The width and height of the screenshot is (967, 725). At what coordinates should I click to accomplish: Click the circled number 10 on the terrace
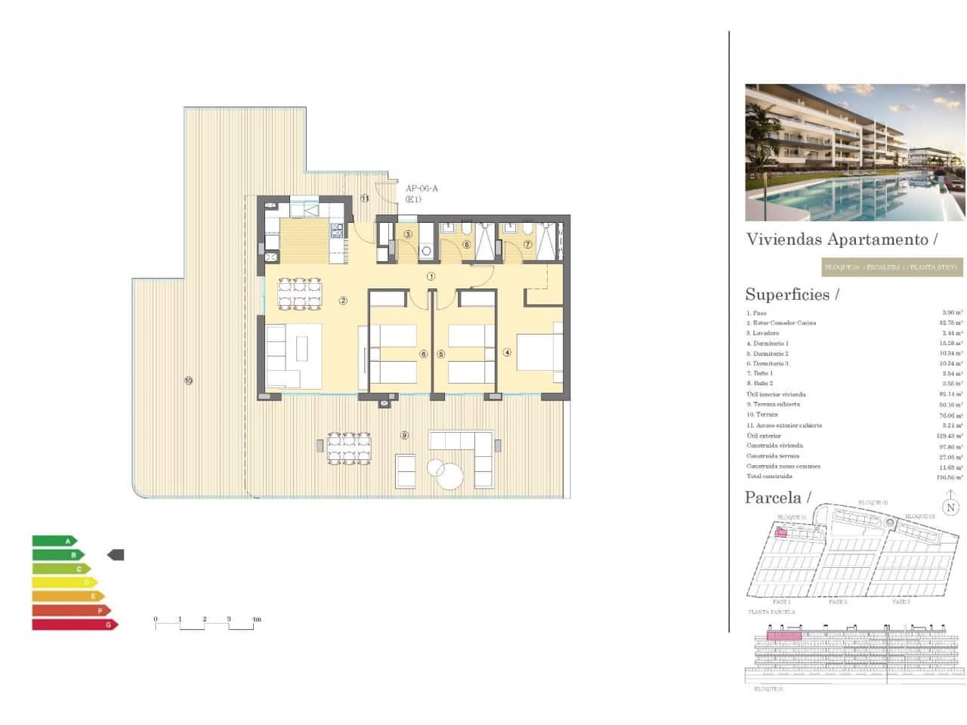(188, 381)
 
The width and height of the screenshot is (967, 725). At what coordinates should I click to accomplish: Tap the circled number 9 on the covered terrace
(405, 435)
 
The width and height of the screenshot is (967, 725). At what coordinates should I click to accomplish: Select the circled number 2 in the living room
(343, 301)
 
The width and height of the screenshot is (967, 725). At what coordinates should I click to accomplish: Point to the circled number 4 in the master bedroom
(508, 353)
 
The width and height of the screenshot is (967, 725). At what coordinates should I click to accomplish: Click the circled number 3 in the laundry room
(407, 234)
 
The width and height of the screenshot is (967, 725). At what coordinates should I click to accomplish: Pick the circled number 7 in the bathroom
(528, 245)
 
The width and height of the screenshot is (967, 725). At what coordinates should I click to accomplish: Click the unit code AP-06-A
(422, 189)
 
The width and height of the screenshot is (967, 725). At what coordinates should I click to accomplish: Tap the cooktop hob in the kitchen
(336, 230)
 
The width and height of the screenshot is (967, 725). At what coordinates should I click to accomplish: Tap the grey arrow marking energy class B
(116, 555)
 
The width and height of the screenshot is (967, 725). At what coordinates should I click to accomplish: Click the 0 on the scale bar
(156, 619)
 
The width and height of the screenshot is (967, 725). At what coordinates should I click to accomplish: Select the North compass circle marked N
(950, 507)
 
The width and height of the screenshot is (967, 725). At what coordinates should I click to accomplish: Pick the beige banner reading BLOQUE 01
(892, 267)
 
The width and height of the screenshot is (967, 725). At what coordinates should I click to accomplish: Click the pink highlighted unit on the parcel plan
(781, 533)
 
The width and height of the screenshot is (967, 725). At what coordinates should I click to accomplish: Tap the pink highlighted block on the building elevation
(783, 636)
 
